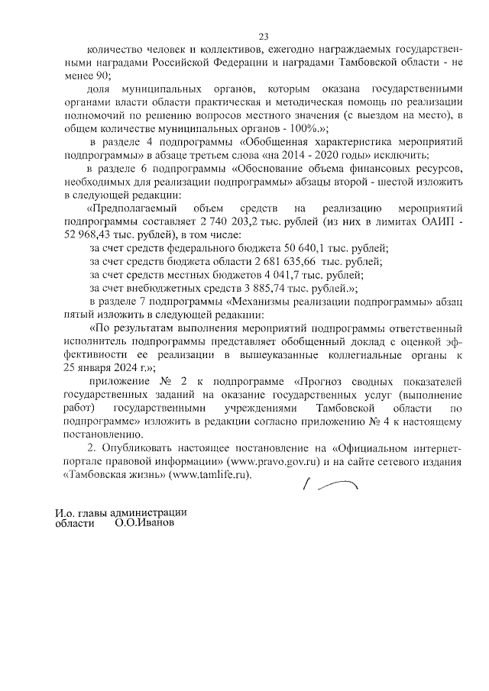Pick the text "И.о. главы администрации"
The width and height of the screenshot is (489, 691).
120,513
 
